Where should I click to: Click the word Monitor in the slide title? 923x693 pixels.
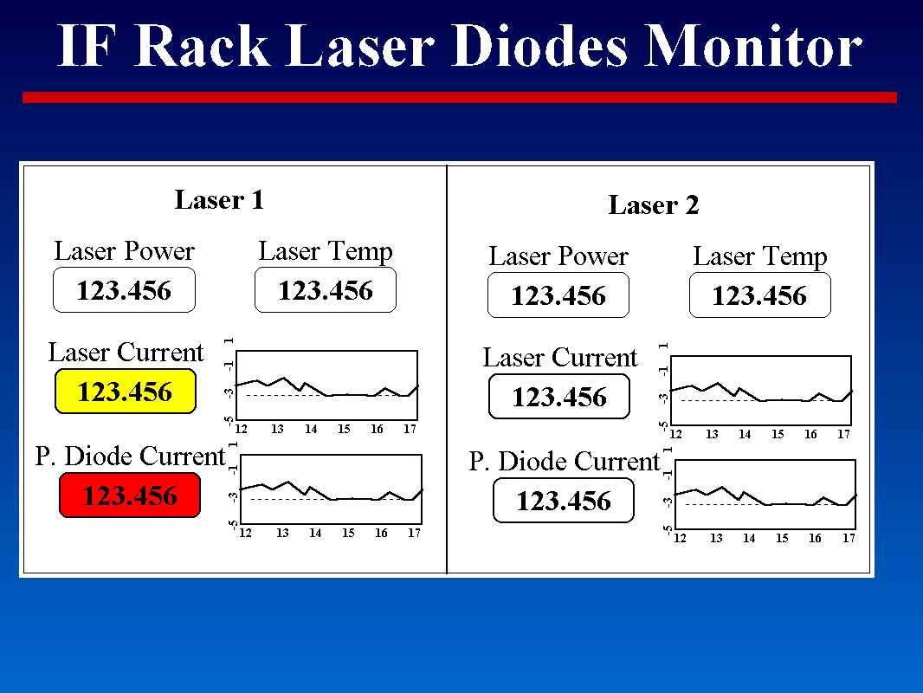tap(753, 46)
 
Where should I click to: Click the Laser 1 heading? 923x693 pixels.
tap(219, 200)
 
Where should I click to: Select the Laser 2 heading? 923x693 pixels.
tap(654, 205)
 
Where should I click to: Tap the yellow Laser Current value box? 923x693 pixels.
tap(126, 392)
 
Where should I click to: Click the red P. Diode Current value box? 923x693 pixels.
tap(130, 495)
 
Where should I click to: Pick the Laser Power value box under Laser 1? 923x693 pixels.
tap(124, 290)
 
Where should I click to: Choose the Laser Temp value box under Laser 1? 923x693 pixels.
tap(326, 290)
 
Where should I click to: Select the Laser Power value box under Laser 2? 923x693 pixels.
tap(558, 295)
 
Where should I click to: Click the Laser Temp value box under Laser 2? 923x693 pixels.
tap(760, 295)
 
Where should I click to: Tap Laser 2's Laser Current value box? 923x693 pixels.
tap(559, 397)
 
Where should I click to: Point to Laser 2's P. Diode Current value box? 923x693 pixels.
tap(564, 501)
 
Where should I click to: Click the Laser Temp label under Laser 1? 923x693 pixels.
tap(326, 252)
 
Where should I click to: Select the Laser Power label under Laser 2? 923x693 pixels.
tap(558, 256)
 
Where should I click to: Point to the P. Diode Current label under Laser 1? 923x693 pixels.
tap(130, 457)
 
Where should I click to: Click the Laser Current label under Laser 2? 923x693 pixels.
tap(560, 358)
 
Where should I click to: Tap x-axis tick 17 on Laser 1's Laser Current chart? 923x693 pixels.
tap(410, 429)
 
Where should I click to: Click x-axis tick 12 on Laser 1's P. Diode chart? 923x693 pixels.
tap(245, 533)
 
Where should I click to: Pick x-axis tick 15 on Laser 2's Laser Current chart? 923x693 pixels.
tap(778, 435)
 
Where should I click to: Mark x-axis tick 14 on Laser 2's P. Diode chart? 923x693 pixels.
tap(749, 538)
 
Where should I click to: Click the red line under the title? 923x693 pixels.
tap(460, 98)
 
